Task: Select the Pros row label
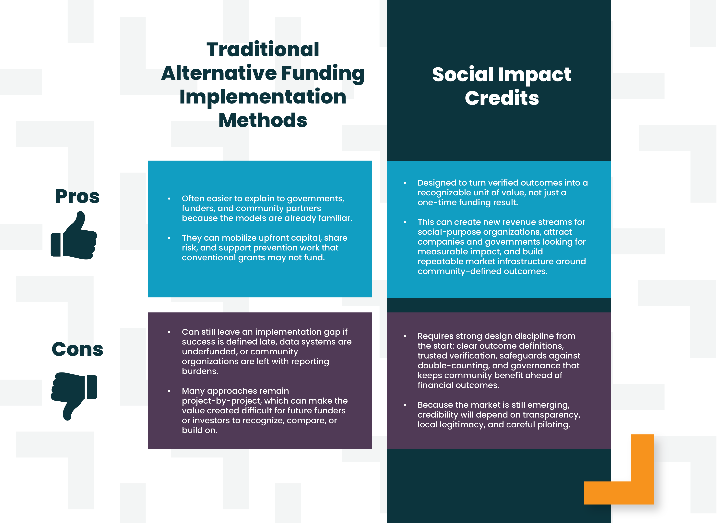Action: (77, 197)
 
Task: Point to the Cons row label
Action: (77, 349)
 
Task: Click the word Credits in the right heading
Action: (502, 98)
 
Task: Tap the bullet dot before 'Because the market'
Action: (405, 405)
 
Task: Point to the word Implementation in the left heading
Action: (263, 97)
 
